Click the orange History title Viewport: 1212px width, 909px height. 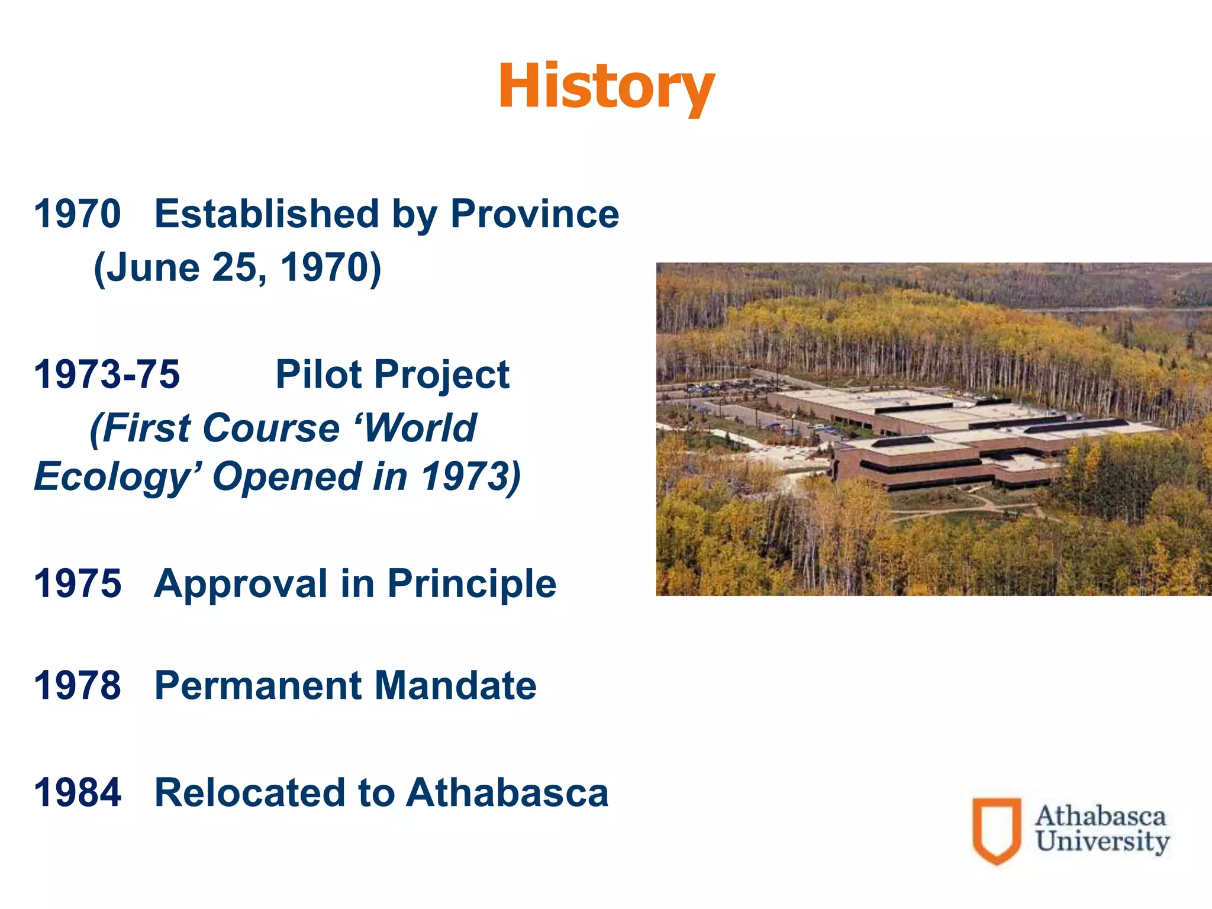point(606,88)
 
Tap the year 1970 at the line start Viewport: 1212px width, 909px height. point(78,214)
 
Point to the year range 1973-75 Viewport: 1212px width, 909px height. point(107,375)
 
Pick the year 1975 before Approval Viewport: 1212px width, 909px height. point(78,584)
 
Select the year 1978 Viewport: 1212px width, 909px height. point(78,686)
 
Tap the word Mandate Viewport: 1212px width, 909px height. point(456,686)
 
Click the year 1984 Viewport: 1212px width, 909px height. point(78,793)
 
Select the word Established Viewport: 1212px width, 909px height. point(266,214)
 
